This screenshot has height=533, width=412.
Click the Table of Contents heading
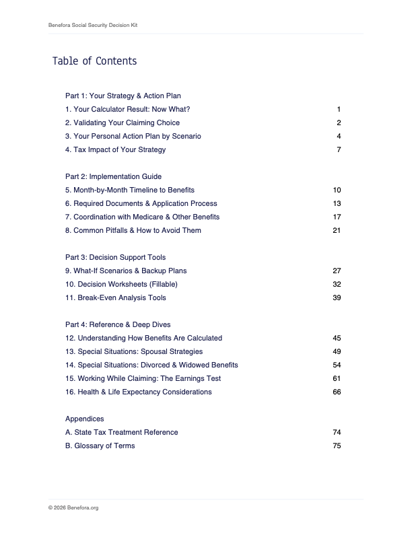pos(94,61)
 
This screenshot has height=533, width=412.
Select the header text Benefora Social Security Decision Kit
pos(94,25)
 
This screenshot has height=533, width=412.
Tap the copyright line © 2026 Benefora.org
pos(73,508)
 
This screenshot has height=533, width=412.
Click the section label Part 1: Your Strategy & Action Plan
pos(123,96)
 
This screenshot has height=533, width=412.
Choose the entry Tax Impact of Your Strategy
pos(115,149)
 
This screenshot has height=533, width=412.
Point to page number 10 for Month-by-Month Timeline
pos(337,190)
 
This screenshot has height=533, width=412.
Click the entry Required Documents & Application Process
pos(141,203)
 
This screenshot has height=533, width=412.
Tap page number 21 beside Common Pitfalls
pos(337,230)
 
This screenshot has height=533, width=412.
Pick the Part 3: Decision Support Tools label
pos(115,257)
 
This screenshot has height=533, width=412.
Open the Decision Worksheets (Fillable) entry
pos(121,284)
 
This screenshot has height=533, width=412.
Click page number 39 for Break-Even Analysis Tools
pos(337,297)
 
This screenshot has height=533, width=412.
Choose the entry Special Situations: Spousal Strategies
pos(134,351)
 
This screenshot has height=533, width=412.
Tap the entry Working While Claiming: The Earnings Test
pos(143,378)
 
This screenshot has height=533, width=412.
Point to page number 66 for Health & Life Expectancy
pos(337,392)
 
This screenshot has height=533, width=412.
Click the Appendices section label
pos(84,419)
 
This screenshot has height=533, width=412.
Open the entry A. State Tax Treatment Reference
pos(122,432)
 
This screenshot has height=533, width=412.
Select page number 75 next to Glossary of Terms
pos(337,446)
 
